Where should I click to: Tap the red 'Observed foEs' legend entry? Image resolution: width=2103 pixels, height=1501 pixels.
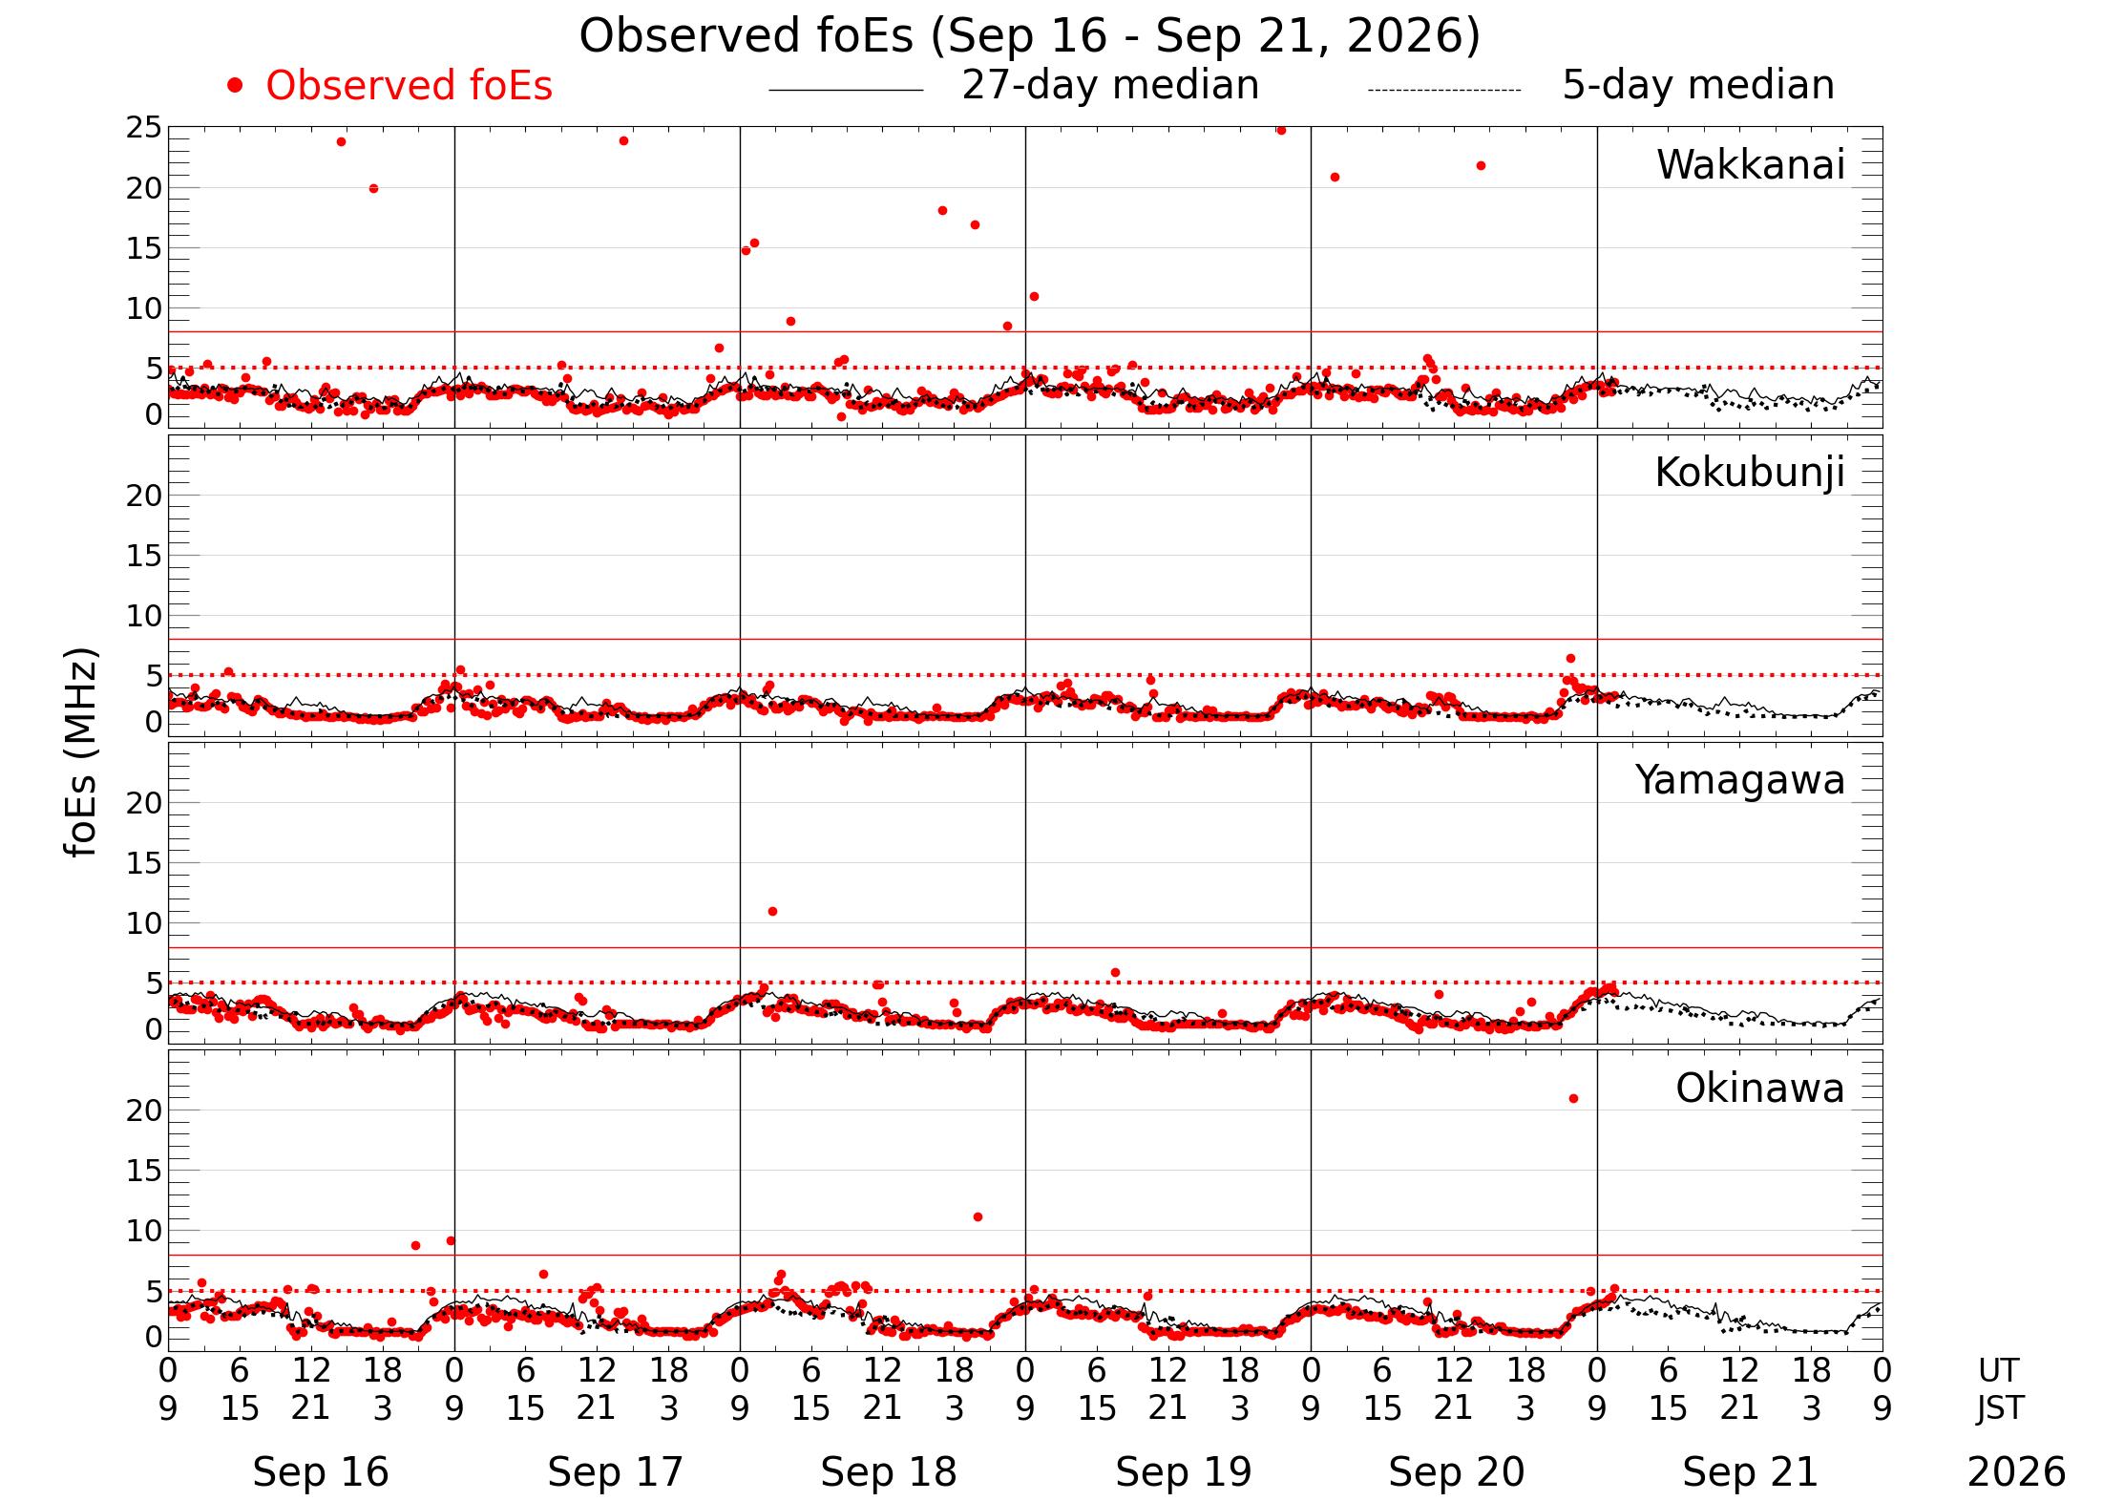(410, 86)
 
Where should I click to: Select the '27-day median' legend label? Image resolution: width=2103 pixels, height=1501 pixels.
(1110, 86)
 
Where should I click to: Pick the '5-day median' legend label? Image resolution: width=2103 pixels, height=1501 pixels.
(1698, 86)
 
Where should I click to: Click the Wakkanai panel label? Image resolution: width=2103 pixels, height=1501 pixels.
(1751, 165)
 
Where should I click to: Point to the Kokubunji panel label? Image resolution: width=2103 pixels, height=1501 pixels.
(1750, 474)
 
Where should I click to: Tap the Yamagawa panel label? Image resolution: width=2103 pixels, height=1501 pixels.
(1740, 781)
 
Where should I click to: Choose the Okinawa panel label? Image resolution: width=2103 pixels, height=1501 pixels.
(1760, 1089)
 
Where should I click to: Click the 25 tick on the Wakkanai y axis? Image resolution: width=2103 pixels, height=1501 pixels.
(144, 128)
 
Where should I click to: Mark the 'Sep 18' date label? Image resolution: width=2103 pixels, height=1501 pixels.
(888, 1472)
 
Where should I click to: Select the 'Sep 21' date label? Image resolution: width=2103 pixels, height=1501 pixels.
(1750, 1472)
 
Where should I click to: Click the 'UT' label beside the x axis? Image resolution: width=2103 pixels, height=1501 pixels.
(1998, 1371)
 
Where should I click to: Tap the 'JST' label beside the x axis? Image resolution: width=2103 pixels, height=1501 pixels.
(2000, 1408)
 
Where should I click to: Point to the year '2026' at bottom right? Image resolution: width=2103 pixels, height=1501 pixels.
(2016, 1472)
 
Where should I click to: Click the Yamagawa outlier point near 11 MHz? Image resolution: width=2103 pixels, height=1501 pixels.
(772, 912)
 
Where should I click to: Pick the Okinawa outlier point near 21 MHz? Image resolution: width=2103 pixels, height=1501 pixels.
(1573, 1099)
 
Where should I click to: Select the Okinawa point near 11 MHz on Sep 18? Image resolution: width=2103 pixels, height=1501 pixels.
(978, 1217)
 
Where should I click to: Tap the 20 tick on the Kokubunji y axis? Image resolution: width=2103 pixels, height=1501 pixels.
(144, 496)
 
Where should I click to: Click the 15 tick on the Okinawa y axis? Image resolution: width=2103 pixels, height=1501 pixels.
(144, 1171)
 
